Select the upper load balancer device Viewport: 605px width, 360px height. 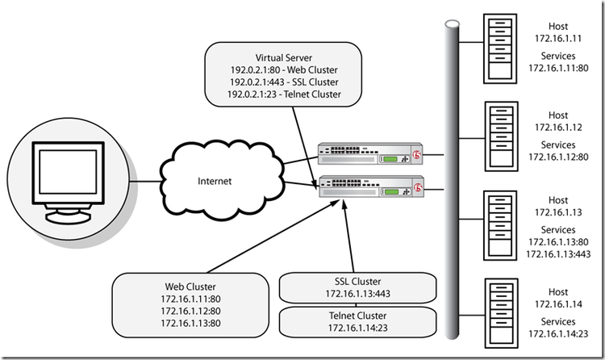click(x=369, y=153)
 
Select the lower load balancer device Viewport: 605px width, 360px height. click(x=369, y=186)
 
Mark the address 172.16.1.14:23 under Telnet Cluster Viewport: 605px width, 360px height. click(x=357, y=328)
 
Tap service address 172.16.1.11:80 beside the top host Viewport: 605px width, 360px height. click(x=558, y=69)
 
